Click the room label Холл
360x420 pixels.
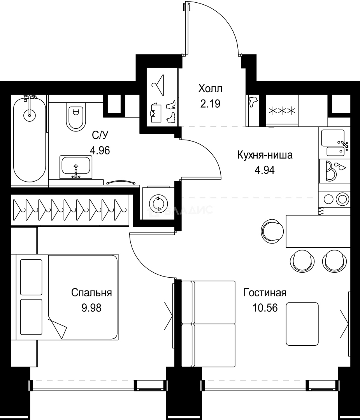210,89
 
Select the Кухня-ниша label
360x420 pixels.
265,155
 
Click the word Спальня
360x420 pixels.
91,293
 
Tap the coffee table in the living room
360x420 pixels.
302,324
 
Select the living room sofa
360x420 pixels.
209,324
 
